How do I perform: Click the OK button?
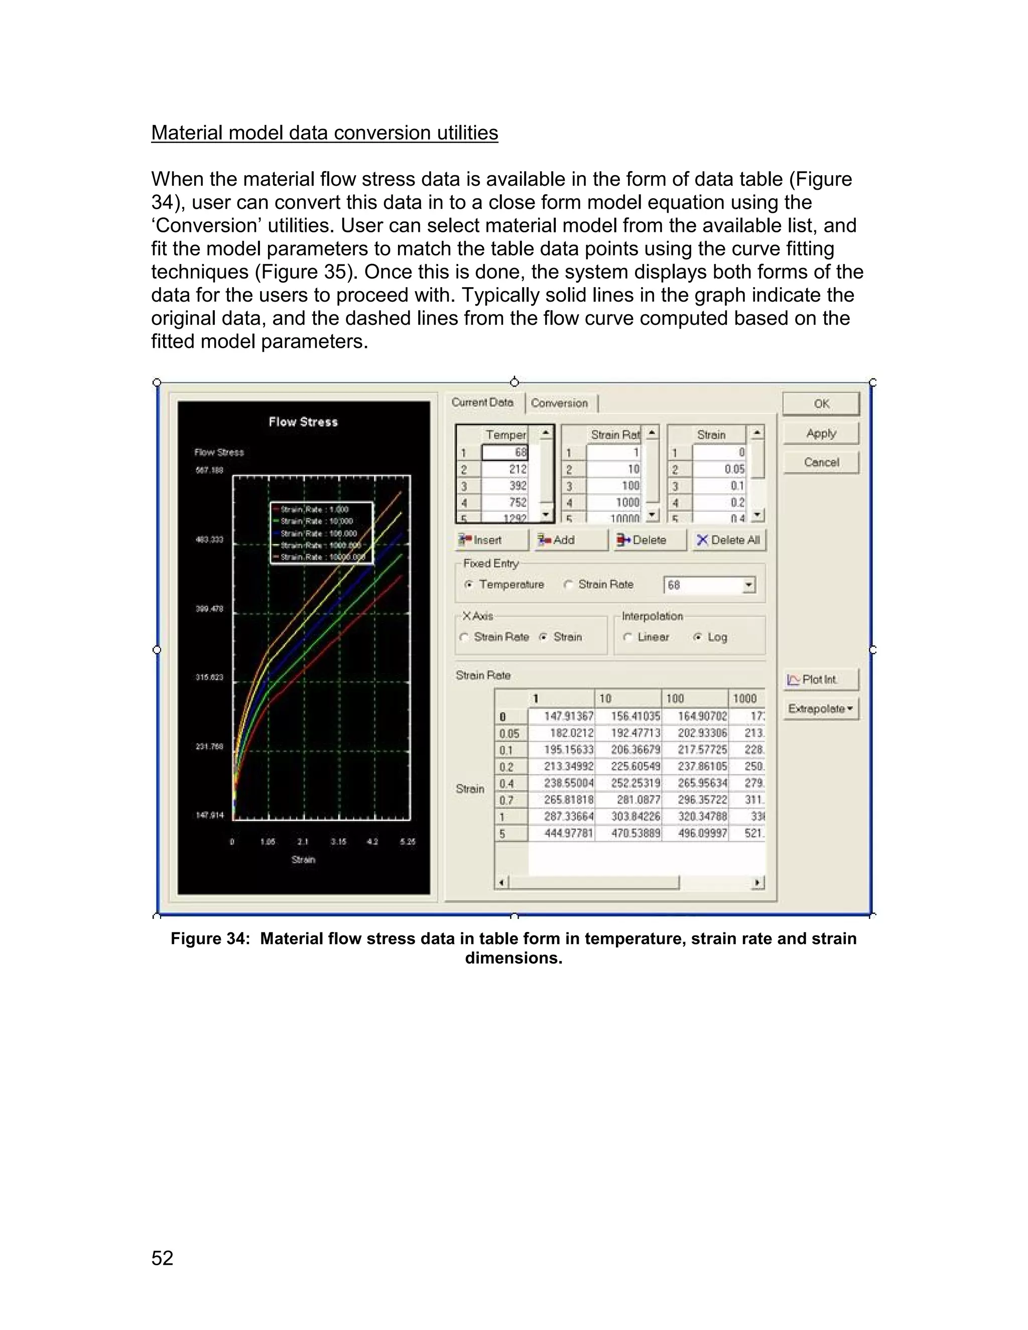(x=821, y=404)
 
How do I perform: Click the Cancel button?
(x=821, y=462)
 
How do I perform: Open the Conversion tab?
(x=559, y=403)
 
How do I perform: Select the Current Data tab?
(x=482, y=403)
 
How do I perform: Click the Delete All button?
(x=728, y=540)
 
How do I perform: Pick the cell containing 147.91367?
(x=562, y=717)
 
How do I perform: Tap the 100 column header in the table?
(x=694, y=699)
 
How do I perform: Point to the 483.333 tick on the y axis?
(x=209, y=540)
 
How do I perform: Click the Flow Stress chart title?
(x=303, y=422)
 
